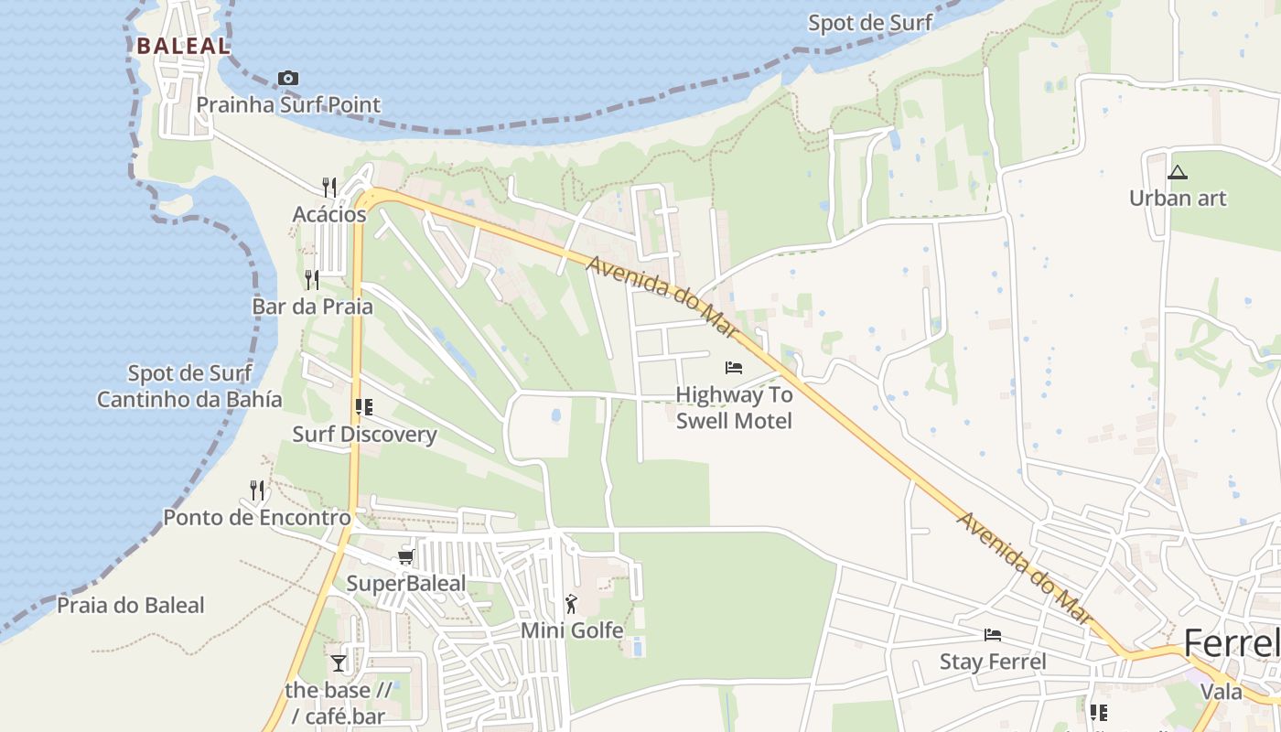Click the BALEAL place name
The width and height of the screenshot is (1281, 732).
coord(182,45)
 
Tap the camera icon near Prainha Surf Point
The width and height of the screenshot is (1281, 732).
coord(288,79)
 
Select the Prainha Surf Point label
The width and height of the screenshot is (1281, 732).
coord(288,104)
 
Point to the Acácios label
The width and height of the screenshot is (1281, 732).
coord(329,215)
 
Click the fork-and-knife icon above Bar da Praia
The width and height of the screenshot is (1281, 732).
coord(312,279)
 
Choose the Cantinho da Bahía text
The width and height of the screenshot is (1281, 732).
coord(189,400)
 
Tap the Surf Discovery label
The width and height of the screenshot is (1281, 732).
coord(364,435)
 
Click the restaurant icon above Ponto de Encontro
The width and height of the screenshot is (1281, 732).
coord(257,490)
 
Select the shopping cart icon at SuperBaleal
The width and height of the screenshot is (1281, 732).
coord(406,556)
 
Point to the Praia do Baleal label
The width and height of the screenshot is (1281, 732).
coord(131,606)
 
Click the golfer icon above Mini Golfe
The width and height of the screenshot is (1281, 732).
coord(572,604)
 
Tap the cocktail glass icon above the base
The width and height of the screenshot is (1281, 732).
coord(339,662)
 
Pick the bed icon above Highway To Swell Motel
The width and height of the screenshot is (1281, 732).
coord(734,368)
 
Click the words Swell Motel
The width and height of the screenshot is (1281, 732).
coord(734,421)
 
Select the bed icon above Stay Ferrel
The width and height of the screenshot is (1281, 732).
coord(993,635)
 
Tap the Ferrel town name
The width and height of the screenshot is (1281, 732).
coord(1231,644)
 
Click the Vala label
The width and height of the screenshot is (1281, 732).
coord(1222,691)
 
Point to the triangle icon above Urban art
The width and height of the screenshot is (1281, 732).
coord(1178,172)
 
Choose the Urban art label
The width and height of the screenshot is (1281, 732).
coord(1178,198)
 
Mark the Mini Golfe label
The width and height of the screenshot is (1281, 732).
coord(572,630)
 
